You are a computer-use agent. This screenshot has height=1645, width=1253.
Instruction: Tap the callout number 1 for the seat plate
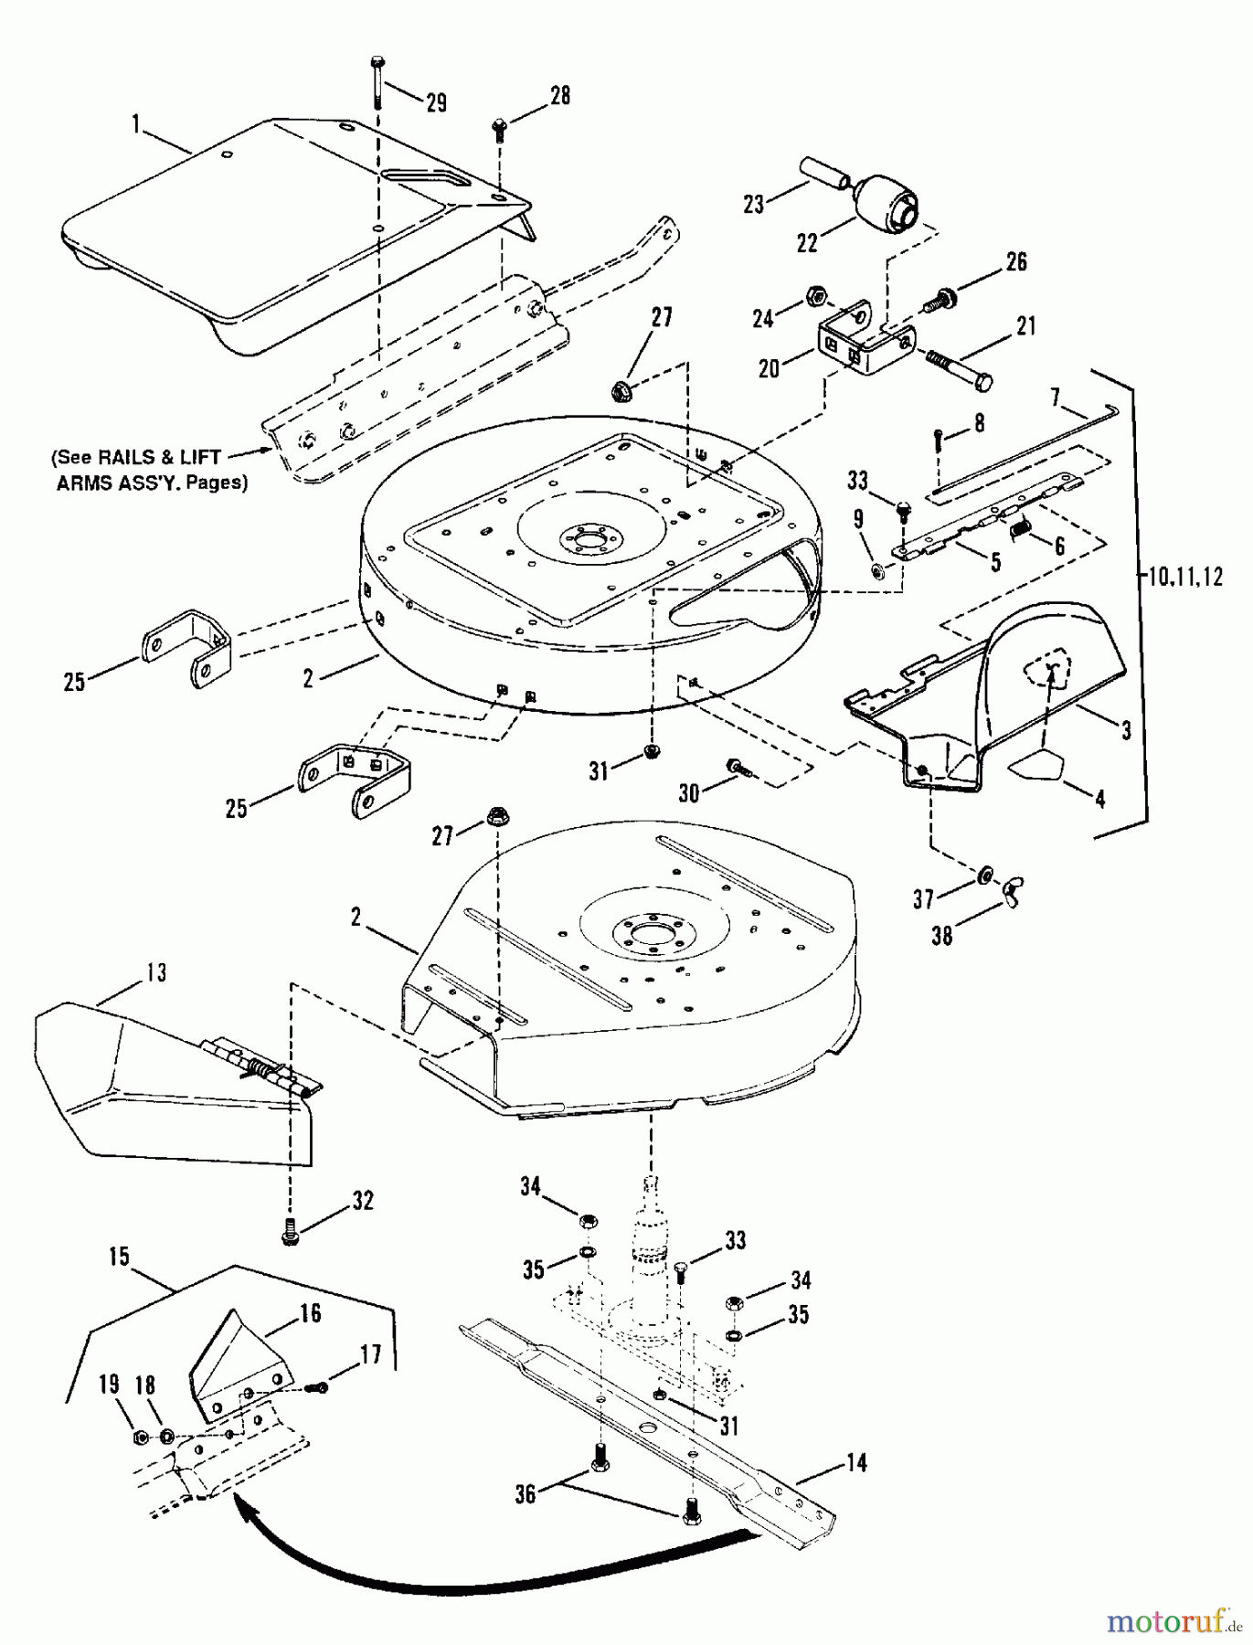[x=137, y=124]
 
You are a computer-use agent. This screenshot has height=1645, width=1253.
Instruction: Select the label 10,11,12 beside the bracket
[x=1183, y=578]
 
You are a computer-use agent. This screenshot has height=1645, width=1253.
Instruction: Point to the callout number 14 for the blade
[x=856, y=1462]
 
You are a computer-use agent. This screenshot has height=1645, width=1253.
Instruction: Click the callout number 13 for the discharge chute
[x=156, y=973]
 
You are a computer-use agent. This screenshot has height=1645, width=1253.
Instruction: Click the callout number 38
[x=941, y=936]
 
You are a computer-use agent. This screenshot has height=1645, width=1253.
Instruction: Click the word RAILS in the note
[x=138, y=458]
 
